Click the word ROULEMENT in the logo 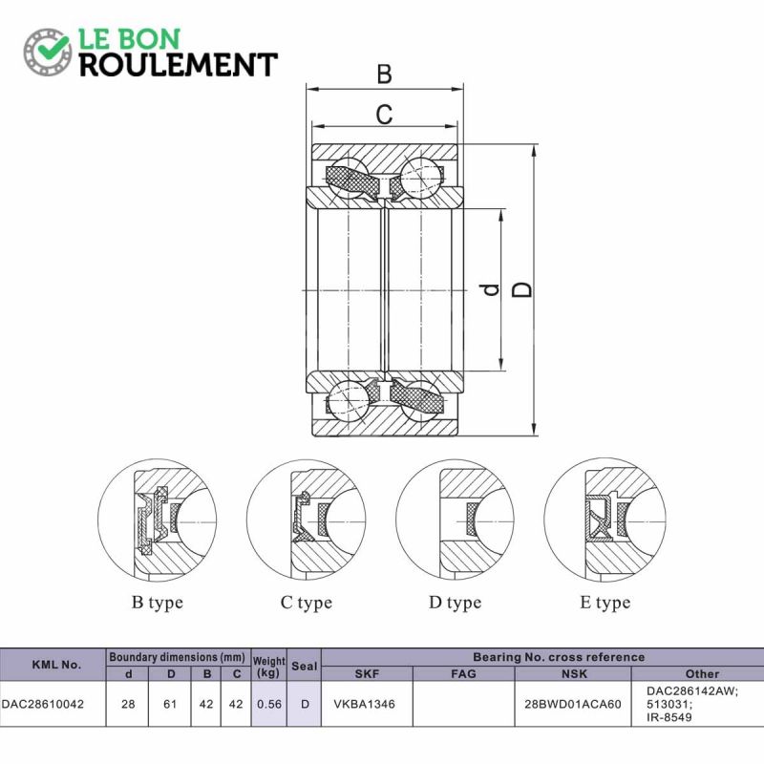pyautogui.click(x=179, y=65)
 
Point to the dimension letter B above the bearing pyautogui.click(x=384, y=74)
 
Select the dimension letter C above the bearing pyautogui.click(x=384, y=115)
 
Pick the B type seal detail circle pyautogui.click(x=158, y=520)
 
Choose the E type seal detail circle pyautogui.click(x=605, y=520)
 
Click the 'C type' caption pyautogui.click(x=306, y=603)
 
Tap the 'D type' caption pyautogui.click(x=455, y=603)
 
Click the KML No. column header pyautogui.click(x=56, y=665)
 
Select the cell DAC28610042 pyautogui.click(x=43, y=704)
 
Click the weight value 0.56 pyautogui.click(x=269, y=704)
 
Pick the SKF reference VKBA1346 pyautogui.click(x=365, y=704)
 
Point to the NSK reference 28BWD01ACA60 pyautogui.click(x=573, y=704)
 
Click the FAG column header pyautogui.click(x=463, y=674)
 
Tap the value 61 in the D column pyautogui.click(x=170, y=704)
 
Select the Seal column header pyautogui.click(x=304, y=666)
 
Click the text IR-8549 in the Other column pyautogui.click(x=669, y=717)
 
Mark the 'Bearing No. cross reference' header pyautogui.click(x=559, y=657)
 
